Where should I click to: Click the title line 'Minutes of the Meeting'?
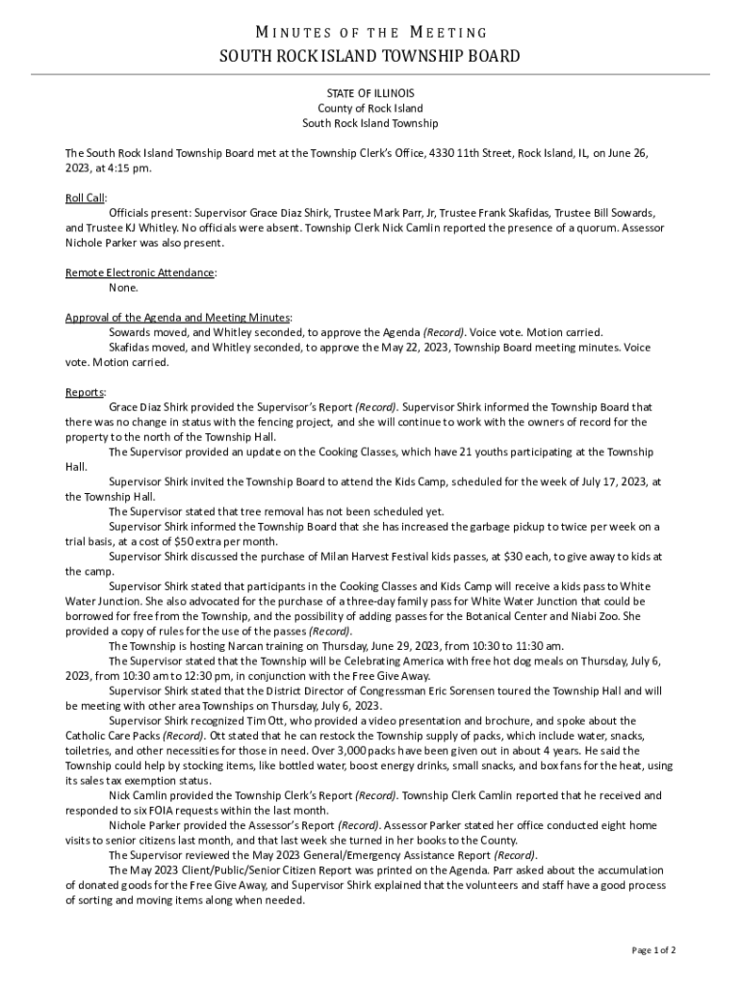click(x=370, y=34)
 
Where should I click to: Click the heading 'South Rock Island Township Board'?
click(x=370, y=56)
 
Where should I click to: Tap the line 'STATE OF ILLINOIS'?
click(x=370, y=93)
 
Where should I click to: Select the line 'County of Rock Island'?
click(x=370, y=109)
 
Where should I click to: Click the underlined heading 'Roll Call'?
click(x=85, y=197)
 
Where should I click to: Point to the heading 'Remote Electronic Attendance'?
click(x=140, y=272)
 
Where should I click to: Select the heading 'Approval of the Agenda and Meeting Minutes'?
click(x=178, y=318)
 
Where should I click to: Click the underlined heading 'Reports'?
click(x=85, y=392)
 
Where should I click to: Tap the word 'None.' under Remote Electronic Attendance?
click(x=123, y=288)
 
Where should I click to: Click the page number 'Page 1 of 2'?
click(x=653, y=950)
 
